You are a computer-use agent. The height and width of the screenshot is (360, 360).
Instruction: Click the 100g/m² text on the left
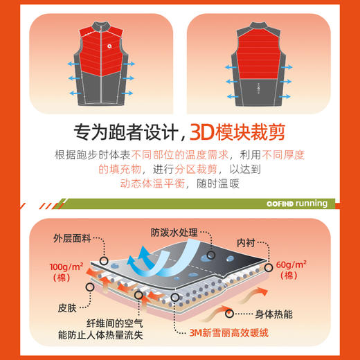click(x=66, y=267)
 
